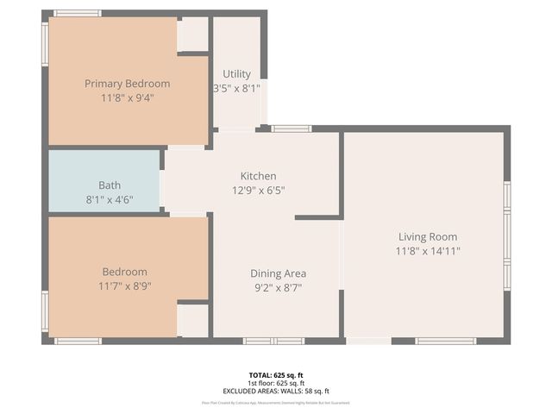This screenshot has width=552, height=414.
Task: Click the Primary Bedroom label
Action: point(127,84)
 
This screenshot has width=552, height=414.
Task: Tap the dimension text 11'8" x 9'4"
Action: point(127,97)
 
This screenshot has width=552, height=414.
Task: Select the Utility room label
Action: point(236,74)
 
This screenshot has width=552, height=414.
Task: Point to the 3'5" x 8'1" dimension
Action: point(236,88)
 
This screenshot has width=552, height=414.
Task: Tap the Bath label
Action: point(110,185)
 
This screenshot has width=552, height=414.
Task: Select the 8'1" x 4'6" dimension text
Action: point(110,198)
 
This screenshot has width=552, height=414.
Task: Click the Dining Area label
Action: point(278,273)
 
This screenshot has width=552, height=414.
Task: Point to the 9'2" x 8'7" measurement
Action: point(278,287)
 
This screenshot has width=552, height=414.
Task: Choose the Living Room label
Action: point(427,236)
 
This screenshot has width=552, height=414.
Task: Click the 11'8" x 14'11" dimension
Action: point(427,251)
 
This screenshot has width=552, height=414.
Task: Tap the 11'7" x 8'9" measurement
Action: point(125,285)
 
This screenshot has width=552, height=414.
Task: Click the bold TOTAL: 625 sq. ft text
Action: point(276,375)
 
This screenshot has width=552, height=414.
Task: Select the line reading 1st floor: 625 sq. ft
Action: point(276,383)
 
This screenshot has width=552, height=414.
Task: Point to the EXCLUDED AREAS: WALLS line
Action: point(276,391)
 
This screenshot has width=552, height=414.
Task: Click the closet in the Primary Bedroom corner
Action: point(193,34)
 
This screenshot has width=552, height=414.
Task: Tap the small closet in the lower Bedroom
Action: point(193,320)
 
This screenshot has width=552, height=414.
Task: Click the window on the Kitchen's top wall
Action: point(292,129)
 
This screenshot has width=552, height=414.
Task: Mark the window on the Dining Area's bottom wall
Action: point(273,341)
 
